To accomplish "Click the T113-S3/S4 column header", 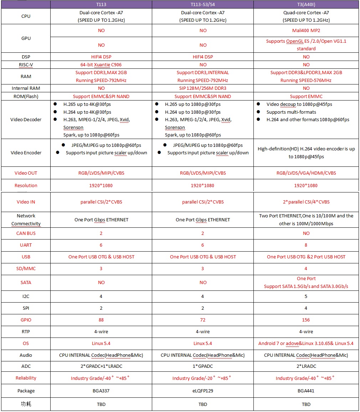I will click(x=203, y=4).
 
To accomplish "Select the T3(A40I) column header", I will click(x=306, y=4).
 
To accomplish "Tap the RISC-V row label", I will click(x=26, y=65).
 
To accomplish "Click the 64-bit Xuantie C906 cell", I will click(x=101, y=65).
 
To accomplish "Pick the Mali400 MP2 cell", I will click(x=306, y=31).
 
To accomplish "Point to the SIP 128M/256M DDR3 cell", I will click(x=203, y=88).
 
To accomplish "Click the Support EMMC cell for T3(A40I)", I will click(x=306, y=97).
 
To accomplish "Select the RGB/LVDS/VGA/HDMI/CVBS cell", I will click(x=306, y=173).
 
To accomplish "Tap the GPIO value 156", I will click(x=306, y=320).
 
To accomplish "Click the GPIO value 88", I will click(x=101, y=320).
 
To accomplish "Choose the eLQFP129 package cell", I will click(x=203, y=391).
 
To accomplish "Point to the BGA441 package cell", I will click(x=306, y=391).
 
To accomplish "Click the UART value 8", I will click(x=306, y=245).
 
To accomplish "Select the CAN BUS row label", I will click(x=26, y=233).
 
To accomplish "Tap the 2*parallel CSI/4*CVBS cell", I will click(x=306, y=202).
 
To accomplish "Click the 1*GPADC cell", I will click(x=203, y=366).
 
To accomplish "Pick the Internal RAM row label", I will click(x=26, y=88).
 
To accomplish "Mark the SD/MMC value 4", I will click(x=306, y=269).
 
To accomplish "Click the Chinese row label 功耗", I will click(x=26, y=405).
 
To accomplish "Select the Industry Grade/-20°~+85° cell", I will click(x=203, y=378).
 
